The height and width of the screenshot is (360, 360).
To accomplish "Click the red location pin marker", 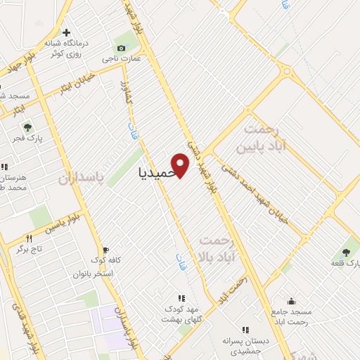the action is click(x=181, y=165).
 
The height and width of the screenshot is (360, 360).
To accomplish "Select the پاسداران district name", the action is click(x=79, y=179).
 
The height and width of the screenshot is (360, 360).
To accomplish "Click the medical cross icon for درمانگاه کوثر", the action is click(x=67, y=32).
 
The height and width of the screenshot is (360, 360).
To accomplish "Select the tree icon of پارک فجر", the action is click(x=27, y=127).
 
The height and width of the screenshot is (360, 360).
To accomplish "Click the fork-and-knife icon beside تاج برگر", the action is click(x=29, y=238).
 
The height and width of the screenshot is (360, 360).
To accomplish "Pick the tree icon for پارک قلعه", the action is click(x=345, y=252).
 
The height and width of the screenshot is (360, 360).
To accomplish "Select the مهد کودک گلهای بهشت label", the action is click(x=182, y=314).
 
